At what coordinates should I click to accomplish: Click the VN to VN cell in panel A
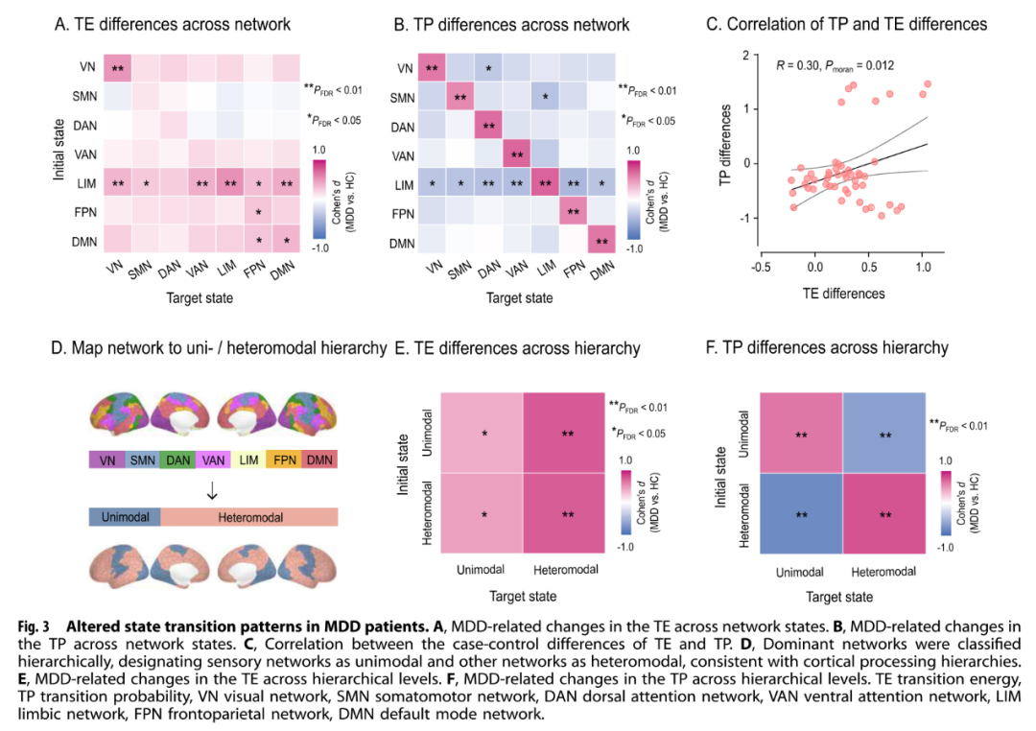point(118,68)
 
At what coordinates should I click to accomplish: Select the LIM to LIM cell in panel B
point(545,183)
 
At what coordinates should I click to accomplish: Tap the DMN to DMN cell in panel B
point(601,240)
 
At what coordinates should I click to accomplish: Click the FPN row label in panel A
point(84,212)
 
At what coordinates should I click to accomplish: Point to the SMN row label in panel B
point(402,98)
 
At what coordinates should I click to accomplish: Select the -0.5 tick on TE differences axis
point(761,267)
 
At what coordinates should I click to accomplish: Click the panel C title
point(846,24)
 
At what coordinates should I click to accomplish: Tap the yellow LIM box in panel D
point(248,460)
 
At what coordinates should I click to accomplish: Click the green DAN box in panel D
point(177,460)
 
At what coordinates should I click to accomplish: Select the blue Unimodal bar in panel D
point(125,517)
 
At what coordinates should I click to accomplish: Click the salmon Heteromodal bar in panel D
point(249,517)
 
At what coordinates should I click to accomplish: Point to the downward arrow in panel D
point(212,490)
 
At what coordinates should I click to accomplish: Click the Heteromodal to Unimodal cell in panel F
point(801,513)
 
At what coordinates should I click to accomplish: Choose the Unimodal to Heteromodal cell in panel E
point(564,433)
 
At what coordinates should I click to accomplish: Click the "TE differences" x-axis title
point(844,294)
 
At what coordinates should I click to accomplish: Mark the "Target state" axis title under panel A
point(200,298)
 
